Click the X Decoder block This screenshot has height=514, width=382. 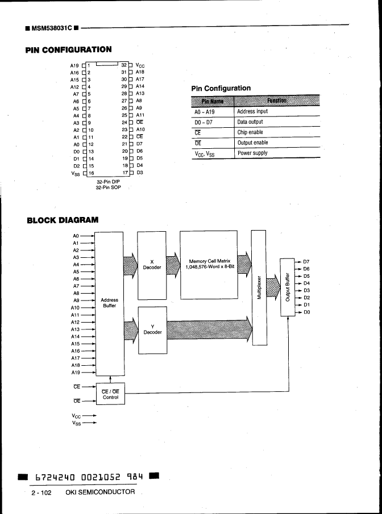152,264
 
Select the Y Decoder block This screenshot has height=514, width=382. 152,329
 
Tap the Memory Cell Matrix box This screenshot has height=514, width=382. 209,264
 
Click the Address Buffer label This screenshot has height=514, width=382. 109,303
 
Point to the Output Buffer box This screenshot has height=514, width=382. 287,287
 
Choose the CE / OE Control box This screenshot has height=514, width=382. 110,394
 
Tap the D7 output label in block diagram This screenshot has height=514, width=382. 306,261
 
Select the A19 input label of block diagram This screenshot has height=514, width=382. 76,373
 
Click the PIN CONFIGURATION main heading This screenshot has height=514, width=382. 68,50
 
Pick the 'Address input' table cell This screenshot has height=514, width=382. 252,112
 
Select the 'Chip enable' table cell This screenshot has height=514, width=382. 250,132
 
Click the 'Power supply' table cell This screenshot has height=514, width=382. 252,153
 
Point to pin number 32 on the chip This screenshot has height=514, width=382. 123,65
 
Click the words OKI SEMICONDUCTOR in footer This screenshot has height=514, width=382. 101,492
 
